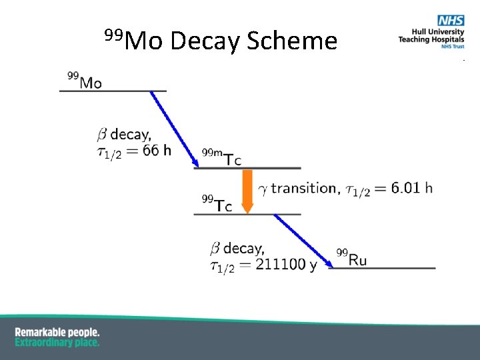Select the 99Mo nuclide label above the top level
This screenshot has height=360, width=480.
pos(85,81)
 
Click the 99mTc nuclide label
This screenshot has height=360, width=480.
pos(221,158)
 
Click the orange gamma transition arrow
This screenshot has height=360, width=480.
pos(247,191)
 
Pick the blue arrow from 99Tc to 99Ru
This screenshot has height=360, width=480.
pos(304,240)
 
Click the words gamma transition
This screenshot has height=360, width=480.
pos(297,189)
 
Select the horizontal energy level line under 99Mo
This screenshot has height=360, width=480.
pos(113,91)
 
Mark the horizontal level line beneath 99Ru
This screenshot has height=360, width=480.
pos(383,268)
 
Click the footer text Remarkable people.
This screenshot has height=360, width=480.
pos(57,332)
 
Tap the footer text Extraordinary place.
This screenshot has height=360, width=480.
pos(57,342)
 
